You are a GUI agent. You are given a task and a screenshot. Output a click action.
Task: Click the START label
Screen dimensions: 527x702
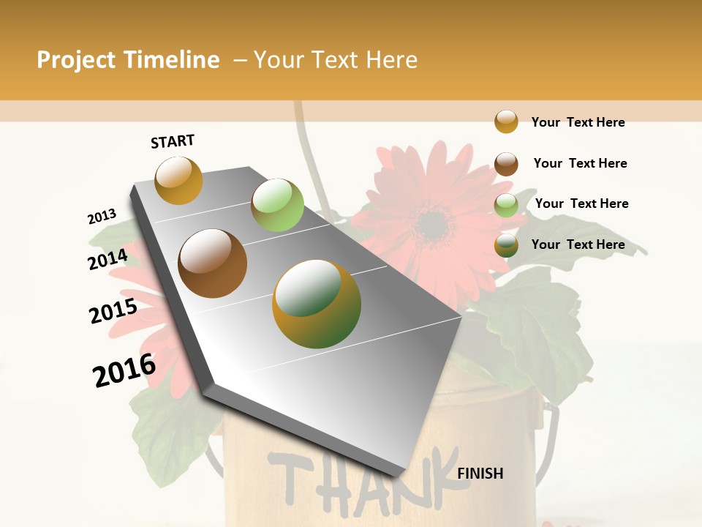(173, 141)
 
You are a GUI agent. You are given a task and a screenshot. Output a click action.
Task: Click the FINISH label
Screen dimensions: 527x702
(480, 474)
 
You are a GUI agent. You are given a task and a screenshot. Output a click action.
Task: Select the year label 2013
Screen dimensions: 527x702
(102, 217)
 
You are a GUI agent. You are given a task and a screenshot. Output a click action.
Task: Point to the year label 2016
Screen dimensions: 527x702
(124, 370)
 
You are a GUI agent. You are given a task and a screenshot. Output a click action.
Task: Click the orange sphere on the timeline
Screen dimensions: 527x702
(178, 180)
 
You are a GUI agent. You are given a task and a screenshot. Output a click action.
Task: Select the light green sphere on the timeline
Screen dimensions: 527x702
(277, 204)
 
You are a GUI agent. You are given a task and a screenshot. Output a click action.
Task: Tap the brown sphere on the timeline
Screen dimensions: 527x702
(212, 263)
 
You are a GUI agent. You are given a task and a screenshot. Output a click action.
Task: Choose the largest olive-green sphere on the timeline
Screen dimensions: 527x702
(317, 304)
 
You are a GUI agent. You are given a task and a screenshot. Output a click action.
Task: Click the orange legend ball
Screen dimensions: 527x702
(506, 122)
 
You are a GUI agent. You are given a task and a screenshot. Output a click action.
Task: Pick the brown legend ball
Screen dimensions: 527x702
(506, 164)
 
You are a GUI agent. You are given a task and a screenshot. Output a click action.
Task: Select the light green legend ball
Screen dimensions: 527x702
(506, 205)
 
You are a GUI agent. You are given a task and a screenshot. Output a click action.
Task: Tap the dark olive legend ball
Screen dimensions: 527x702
(506, 245)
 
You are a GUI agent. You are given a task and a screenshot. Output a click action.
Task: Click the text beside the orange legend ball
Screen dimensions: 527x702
(578, 122)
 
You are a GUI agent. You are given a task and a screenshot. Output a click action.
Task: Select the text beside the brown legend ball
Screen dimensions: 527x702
(580, 163)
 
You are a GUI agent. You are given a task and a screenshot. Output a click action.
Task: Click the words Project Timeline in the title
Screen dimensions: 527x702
(128, 60)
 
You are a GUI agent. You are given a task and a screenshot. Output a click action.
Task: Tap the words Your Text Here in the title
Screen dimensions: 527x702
(336, 60)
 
